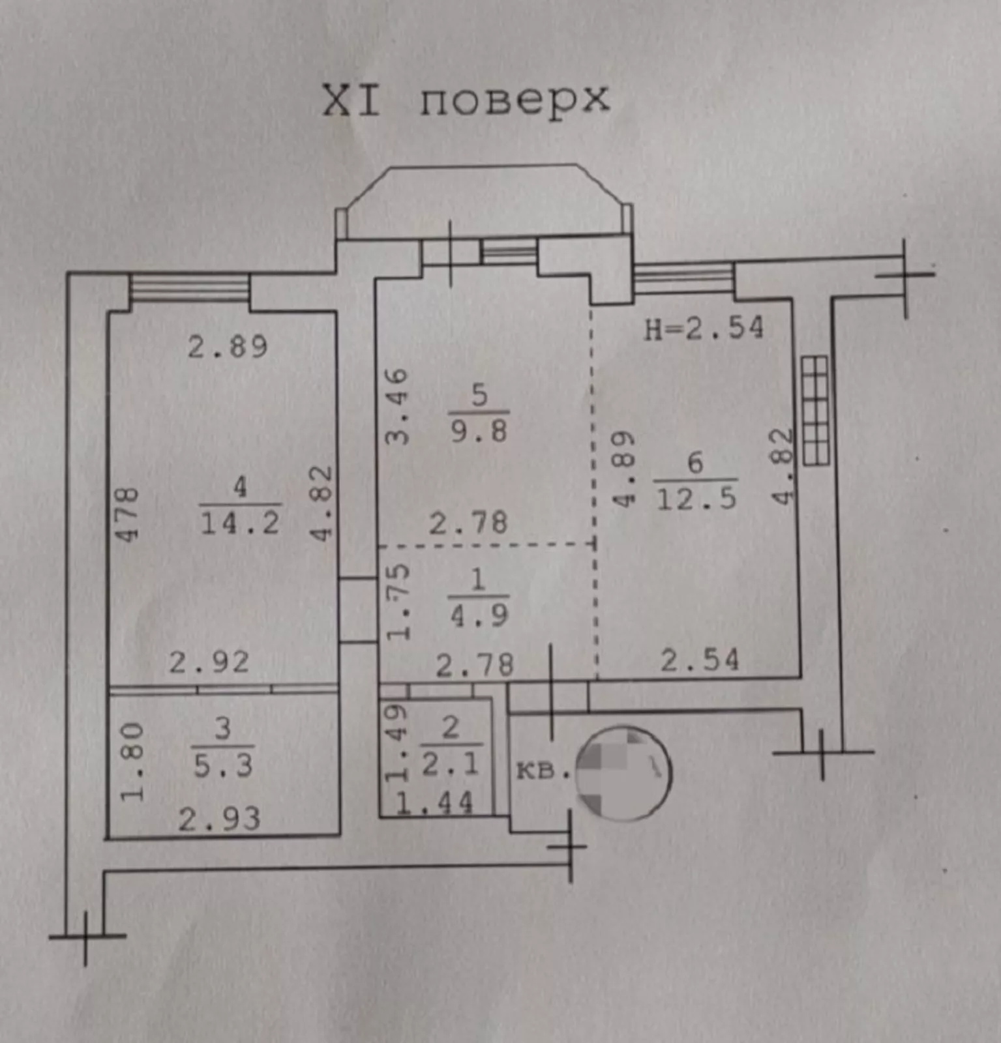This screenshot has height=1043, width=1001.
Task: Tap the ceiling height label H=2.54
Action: coord(704,328)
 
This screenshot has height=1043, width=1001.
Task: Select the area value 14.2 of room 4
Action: coord(240,523)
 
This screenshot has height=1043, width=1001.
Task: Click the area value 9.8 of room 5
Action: coord(479,431)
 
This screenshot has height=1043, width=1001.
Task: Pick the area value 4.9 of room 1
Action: coord(479,615)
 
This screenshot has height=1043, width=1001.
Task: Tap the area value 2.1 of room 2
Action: coord(450,763)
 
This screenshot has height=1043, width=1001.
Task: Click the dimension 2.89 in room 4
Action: coord(228,347)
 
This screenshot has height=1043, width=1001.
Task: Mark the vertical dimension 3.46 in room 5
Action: coord(397,407)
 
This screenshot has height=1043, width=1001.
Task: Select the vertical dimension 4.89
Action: coord(624,469)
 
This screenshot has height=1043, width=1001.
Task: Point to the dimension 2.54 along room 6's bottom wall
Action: coord(700,660)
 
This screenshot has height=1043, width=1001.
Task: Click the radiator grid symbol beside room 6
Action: coord(815,411)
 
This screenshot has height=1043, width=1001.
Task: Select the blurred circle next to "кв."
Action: coord(623,773)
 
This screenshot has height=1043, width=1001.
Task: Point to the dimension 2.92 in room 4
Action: coord(209,663)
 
